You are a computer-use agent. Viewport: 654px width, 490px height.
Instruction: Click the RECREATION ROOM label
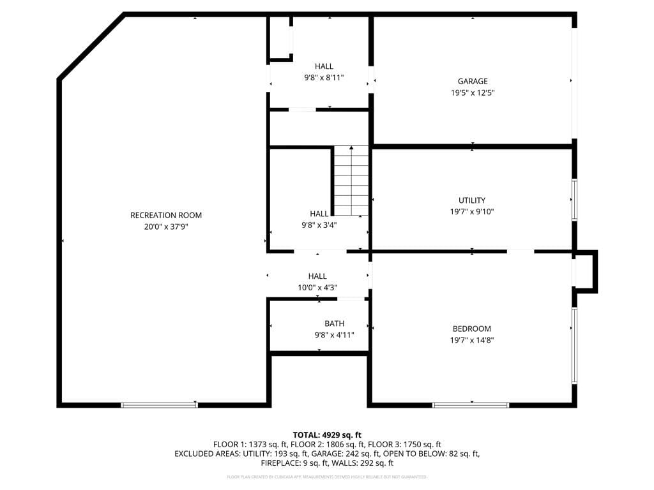(x=166, y=215)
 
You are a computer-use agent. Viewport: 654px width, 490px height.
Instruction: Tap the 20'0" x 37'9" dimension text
(x=166, y=226)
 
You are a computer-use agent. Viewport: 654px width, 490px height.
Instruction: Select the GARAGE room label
(x=473, y=81)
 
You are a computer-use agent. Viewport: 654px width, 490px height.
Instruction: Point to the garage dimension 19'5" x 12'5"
(x=473, y=93)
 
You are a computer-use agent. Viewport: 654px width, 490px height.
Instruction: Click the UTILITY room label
(x=472, y=200)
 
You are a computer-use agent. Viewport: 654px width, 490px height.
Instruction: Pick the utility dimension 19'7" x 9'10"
(x=472, y=211)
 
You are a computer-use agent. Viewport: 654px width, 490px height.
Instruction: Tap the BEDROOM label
(x=472, y=329)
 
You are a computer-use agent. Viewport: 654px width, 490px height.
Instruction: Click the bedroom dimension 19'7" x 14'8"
(x=472, y=340)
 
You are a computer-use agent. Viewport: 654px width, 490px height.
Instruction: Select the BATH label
(x=334, y=323)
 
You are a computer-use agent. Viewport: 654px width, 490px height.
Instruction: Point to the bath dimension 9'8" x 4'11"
(x=334, y=335)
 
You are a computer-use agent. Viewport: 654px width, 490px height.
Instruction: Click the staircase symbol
(x=351, y=181)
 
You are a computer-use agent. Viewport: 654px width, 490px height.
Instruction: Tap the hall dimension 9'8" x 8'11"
(x=324, y=78)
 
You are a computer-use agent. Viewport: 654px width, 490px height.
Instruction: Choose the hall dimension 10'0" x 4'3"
(x=317, y=288)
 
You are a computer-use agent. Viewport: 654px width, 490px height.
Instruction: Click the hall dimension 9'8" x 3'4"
(x=319, y=225)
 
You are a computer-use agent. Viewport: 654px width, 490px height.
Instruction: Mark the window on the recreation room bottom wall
(x=159, y=405)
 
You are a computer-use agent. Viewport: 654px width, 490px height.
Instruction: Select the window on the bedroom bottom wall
(x=471, y=405)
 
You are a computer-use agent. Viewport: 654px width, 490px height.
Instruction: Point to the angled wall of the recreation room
(x=91, y=46)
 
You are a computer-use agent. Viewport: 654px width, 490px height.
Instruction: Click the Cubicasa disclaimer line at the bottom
(x=327, y=477)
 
